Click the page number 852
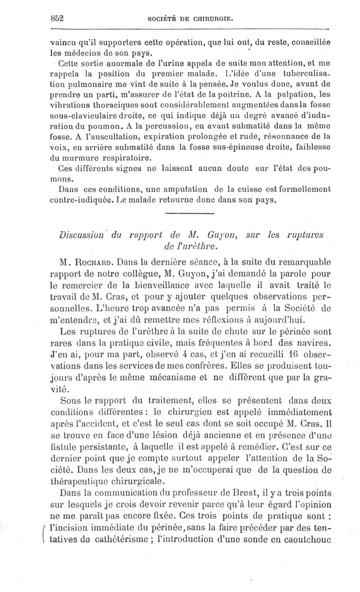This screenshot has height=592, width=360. [x=57, y=18]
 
